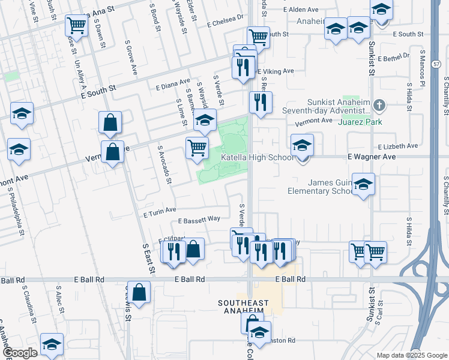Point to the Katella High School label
coord(258,158)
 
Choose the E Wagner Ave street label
coord(372,156)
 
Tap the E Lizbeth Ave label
coord(397,146)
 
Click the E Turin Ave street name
coord(160,210)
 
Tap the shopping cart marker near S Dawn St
coord(76,25)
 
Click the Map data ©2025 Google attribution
coord(411,355)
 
